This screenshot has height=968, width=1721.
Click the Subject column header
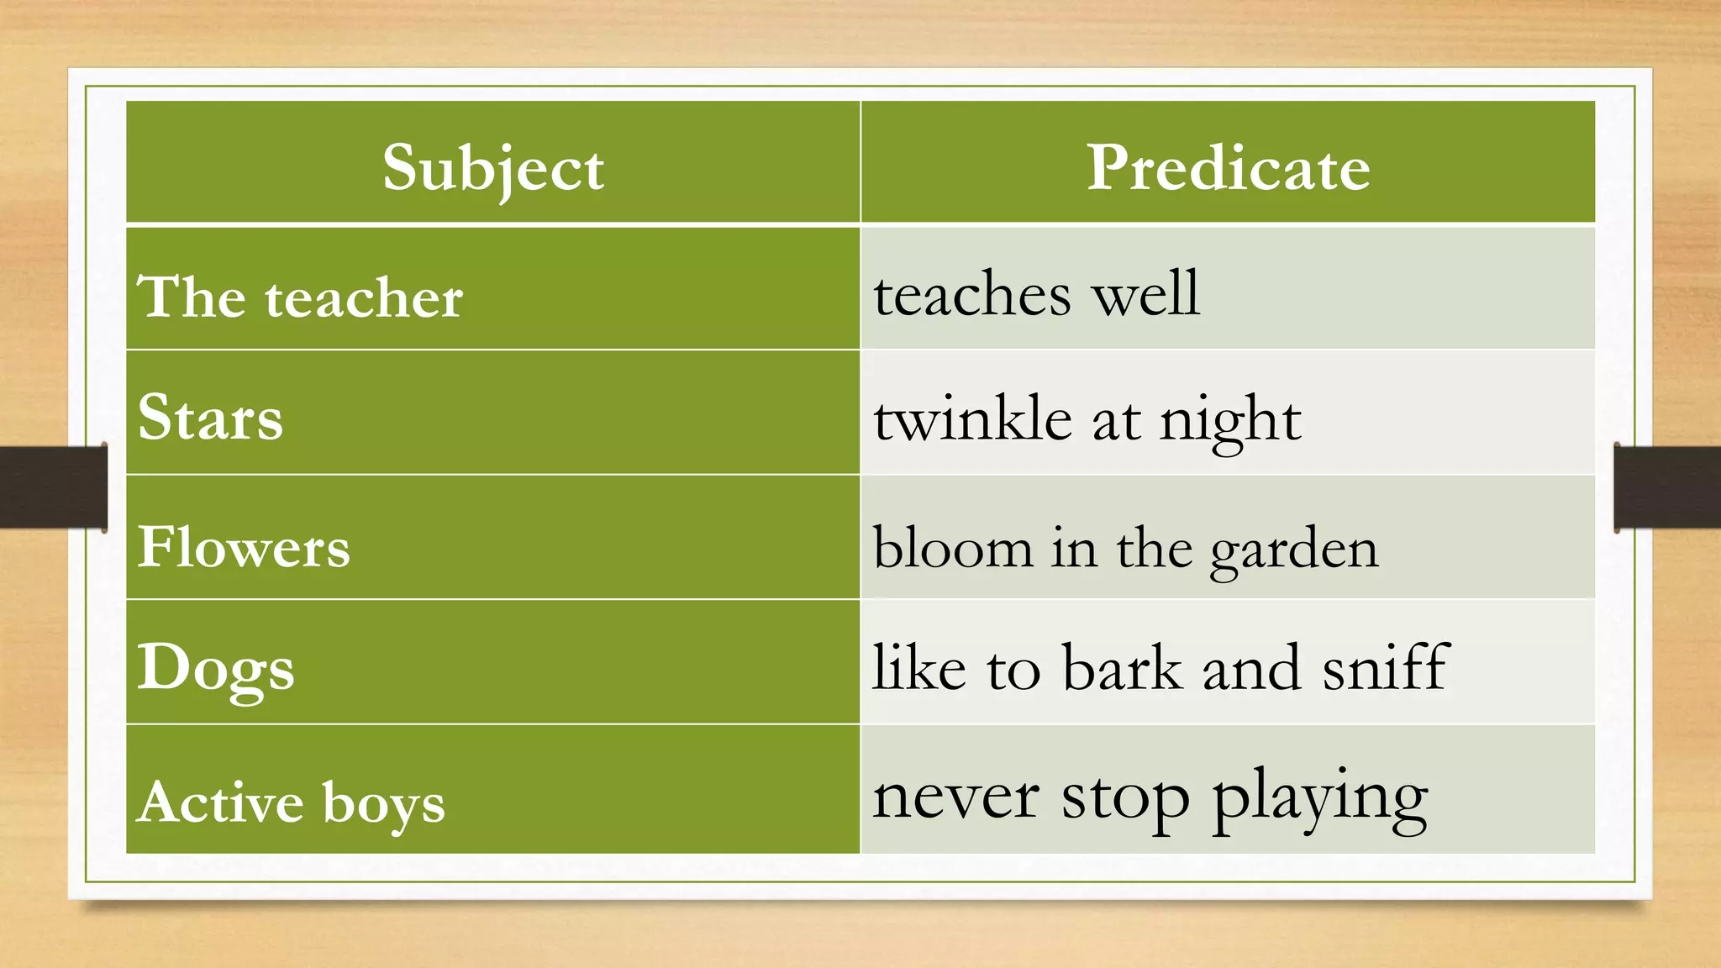click(x=493, y=168)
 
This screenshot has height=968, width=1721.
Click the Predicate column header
click(x=1228, y=168)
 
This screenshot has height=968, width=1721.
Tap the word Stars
click(x=210, y=418)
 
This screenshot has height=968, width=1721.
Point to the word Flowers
click(x=244, y=547)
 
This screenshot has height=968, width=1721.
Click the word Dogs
click(x=216, y=668)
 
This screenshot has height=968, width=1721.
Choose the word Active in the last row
click(x=220, y=802)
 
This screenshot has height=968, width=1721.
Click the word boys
click(x=384, y=803)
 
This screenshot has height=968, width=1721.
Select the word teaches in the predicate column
click(x=972, y=295)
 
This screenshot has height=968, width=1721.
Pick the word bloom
click(x=953, y=548)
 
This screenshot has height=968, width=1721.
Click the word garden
click(x=1294, y=550)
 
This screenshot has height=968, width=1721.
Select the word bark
click(x=1122, y=668)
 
